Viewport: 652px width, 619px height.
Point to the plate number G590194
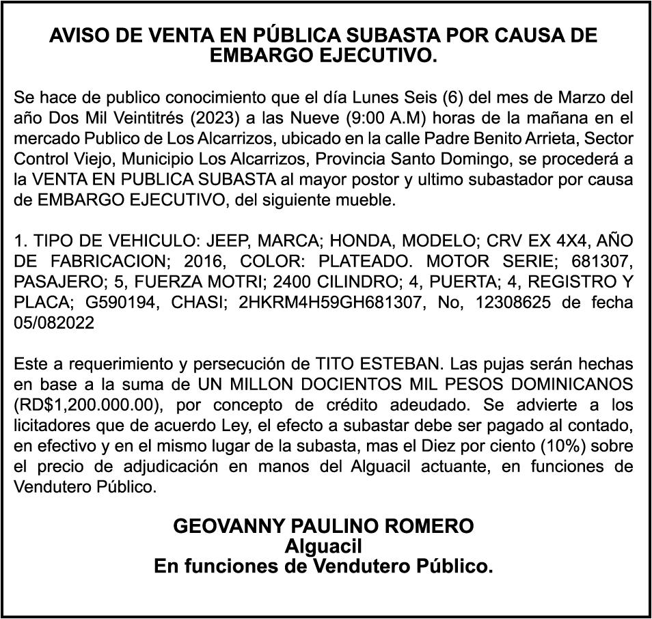click(91, 302)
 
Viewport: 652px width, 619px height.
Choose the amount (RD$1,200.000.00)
click(86, 404)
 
